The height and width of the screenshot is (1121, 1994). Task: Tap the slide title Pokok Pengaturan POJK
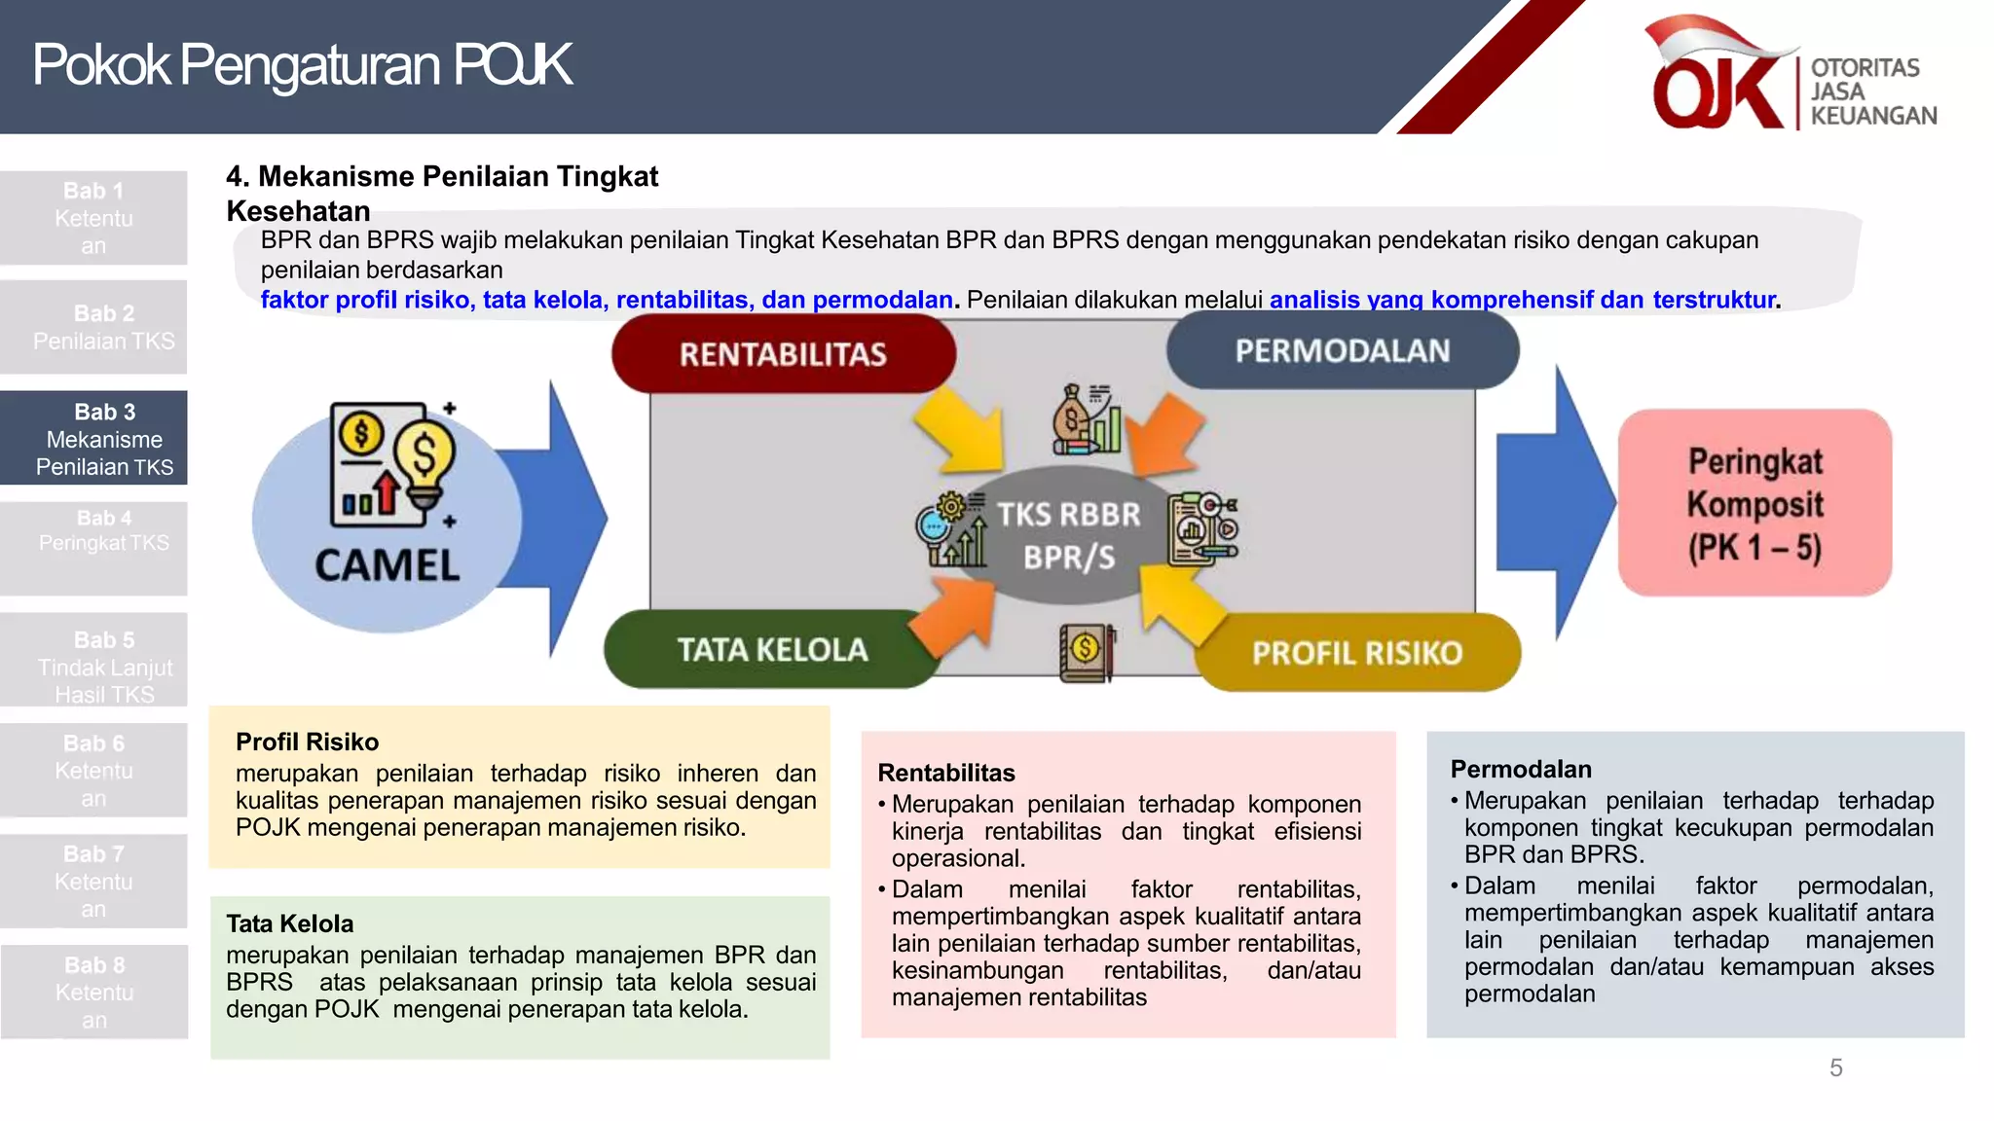302,65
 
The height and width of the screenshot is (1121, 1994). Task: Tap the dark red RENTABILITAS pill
783,354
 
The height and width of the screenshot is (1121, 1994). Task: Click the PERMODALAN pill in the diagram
1342,351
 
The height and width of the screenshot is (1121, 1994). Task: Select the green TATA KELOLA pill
771,649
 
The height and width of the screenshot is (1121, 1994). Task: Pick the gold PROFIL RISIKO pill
1356,653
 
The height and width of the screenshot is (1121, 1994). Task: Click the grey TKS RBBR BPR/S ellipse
1068,535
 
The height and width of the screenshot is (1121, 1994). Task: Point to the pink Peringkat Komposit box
1754,503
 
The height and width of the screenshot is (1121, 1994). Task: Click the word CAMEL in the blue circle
387,566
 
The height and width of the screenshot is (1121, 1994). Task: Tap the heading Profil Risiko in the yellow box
307,742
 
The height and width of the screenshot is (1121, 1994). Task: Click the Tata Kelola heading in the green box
289,924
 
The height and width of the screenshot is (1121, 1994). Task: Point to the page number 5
1835,1068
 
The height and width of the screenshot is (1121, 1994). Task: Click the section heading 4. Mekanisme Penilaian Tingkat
442,177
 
